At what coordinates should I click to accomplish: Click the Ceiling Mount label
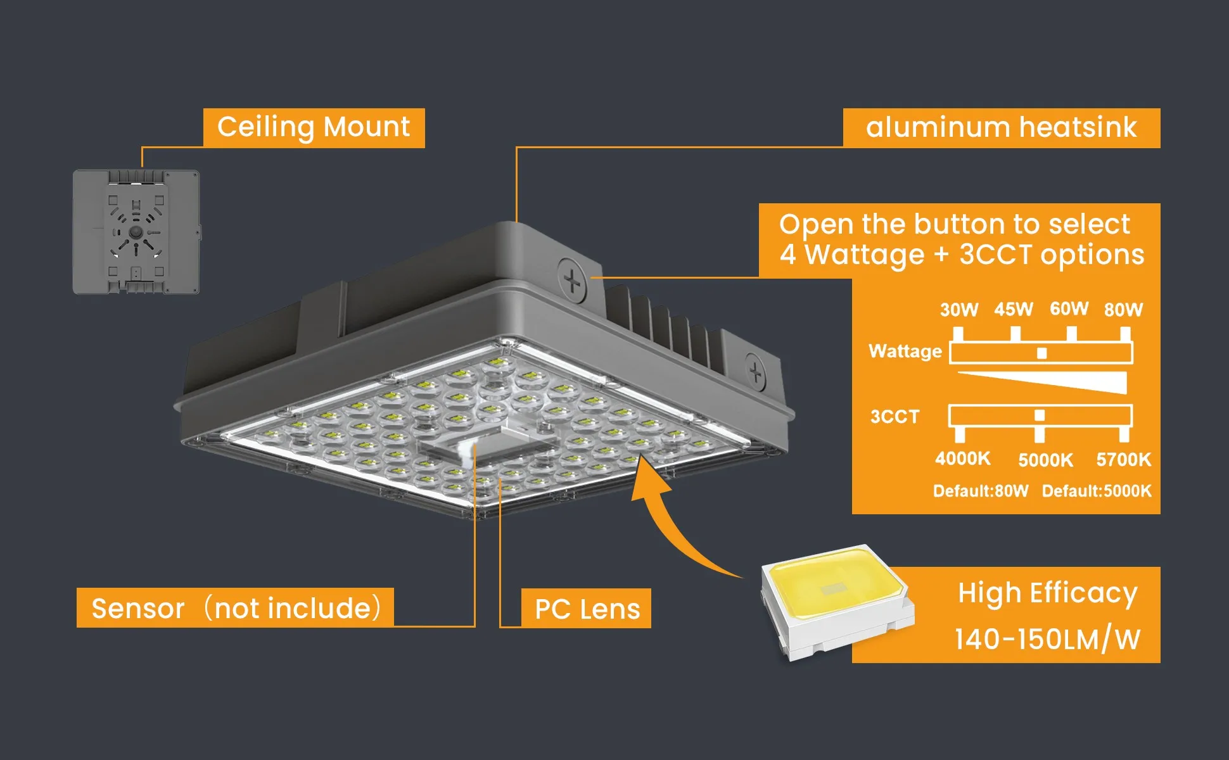(314, 127)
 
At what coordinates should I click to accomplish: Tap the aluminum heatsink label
(1001, 127)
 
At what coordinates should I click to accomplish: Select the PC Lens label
(587, 609)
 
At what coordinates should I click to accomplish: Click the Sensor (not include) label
(235, 608)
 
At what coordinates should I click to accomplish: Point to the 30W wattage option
(958, 310)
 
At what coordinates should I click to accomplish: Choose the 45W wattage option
(1014, 309)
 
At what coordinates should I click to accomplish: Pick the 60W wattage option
(1069, 308)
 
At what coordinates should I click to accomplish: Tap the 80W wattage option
(1123, 310)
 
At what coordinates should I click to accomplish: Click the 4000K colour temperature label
(962, 459)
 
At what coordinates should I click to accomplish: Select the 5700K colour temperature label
(1123, 460)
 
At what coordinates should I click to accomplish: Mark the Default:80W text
(981, 491)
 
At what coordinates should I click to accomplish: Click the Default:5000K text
(1097, 491)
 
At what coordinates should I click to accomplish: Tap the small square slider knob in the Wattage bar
(1041, 353)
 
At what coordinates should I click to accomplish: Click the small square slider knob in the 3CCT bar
(1039, 416)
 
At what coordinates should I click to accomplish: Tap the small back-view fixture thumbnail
(136, 232)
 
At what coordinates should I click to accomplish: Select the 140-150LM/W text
(1047, 639)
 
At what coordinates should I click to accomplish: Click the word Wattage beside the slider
(905, 351)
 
